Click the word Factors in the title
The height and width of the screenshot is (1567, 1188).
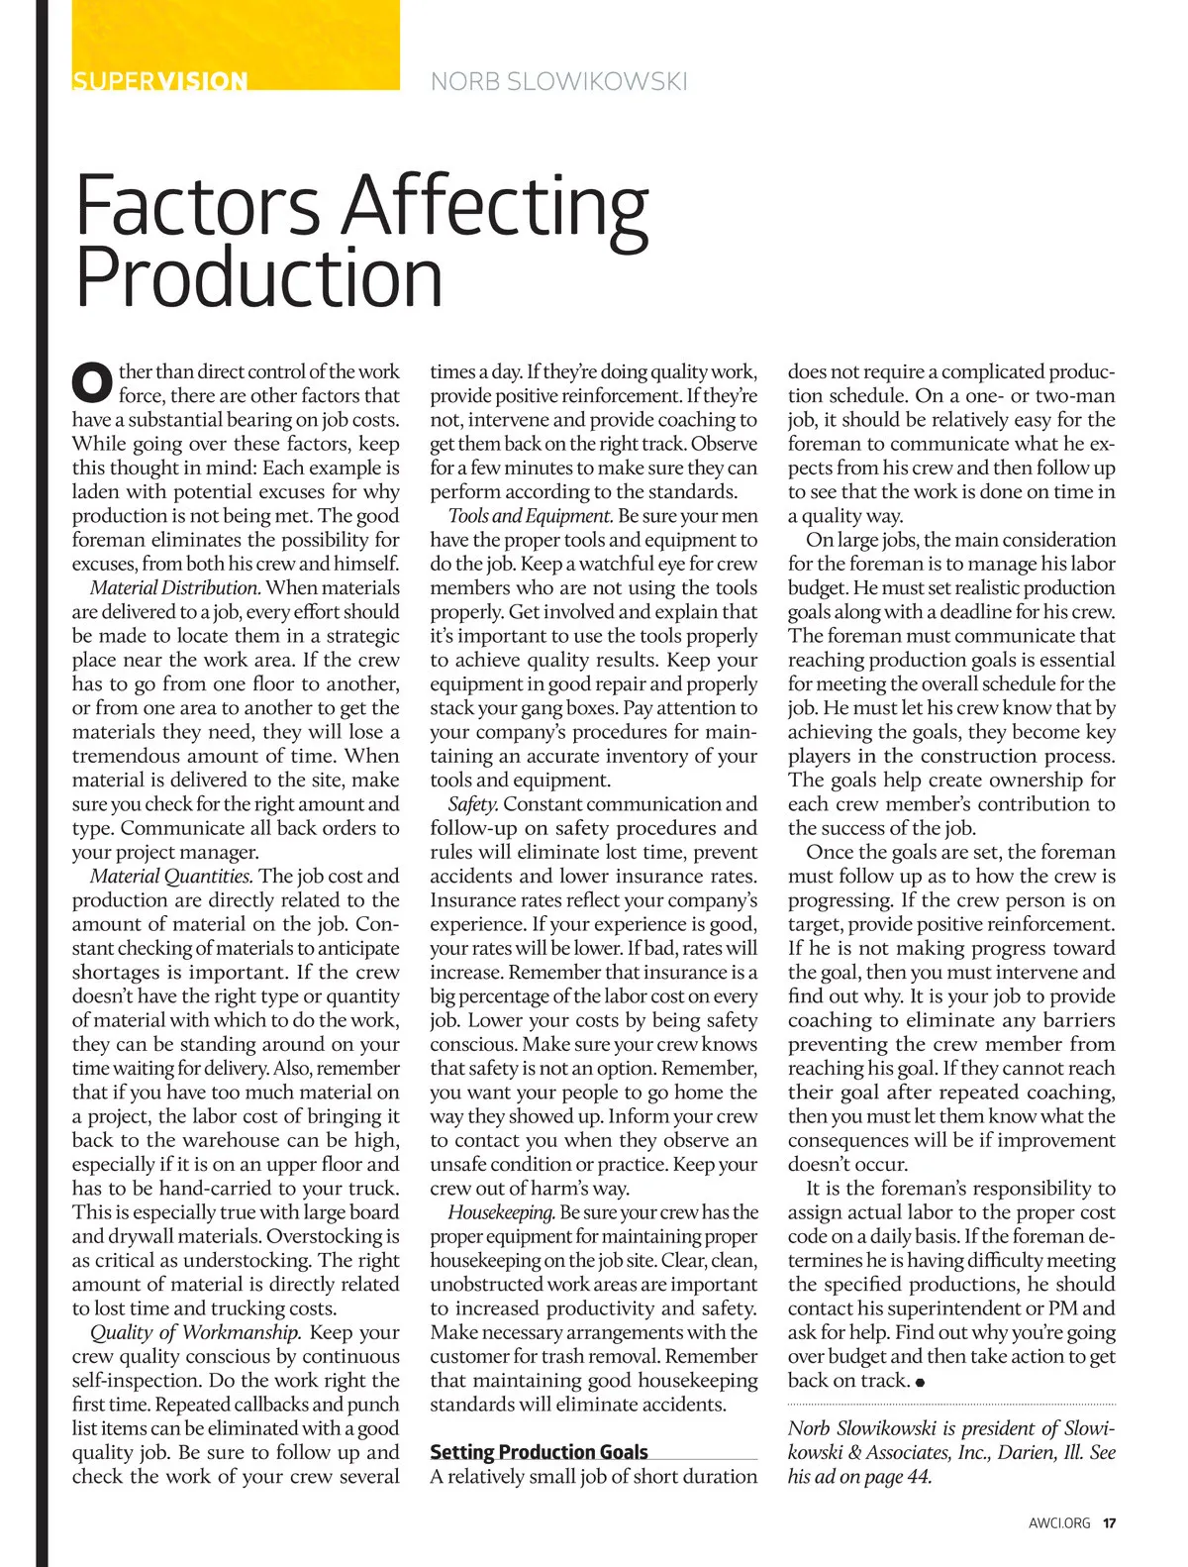tap(198, 206)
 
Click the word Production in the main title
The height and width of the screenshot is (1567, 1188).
tap(258, 278)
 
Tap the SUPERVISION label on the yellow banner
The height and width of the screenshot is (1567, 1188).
tap(159, 80)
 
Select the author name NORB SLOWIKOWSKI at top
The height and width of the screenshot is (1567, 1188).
tap(559, 81)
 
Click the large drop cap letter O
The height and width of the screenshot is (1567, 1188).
tap(92, 384)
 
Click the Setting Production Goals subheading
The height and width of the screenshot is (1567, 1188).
tap(539, 1452)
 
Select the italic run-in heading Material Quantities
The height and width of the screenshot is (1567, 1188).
tap(171, 877)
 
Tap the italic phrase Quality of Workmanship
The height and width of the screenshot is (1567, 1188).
tap(196, 1333)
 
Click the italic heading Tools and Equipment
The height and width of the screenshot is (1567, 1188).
tap(531, 516)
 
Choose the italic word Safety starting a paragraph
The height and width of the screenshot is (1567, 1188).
tap(472, 804)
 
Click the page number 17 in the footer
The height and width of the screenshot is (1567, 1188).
tap(1110, 1523)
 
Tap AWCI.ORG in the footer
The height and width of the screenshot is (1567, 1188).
tap(1059, 1523)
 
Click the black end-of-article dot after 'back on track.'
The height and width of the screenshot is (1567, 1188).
tap(921, 1382)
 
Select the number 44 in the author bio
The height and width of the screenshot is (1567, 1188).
tap(918, 1477)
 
